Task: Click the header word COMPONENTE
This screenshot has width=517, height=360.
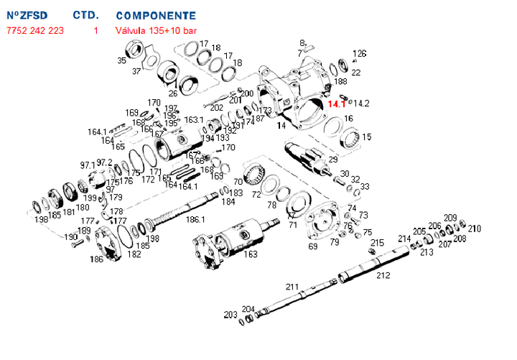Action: pyautogui.click(x=155, y=15)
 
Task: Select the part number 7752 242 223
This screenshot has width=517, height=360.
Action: pyautogui.click(x=34, y=30)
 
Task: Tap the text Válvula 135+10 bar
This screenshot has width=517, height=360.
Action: pyautogui.click(x=156, y=30)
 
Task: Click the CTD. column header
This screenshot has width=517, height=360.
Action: pyautogui.click(x=85, y=15)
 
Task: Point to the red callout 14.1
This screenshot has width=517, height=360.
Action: pyautogui.click(x=335, y=104)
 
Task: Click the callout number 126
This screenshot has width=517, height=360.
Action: pyautogui.click(x=359, y=54)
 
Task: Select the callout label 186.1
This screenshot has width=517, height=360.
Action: pyautogui.click(x=195, y=218)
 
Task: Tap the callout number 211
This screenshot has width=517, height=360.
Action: pyautogui.click(x=292, y=287)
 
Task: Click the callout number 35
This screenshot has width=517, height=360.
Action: pyautogui.click(x=122, y=61)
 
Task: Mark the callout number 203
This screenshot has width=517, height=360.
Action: pyautogui.click(x=230, y=315)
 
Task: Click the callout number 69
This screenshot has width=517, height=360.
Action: pyautogui.click(x=312, y=246)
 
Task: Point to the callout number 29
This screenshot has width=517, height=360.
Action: pyautogui.click(x=333, y=159)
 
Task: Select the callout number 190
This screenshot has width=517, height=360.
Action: pyautogui.click(x=70, y=236)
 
